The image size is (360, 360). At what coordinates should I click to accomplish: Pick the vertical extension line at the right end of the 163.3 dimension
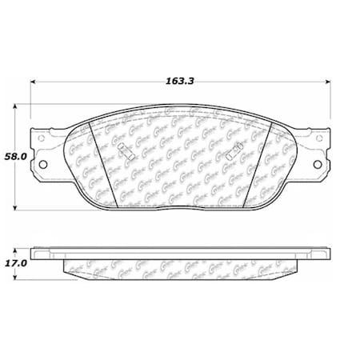(331, 104)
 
